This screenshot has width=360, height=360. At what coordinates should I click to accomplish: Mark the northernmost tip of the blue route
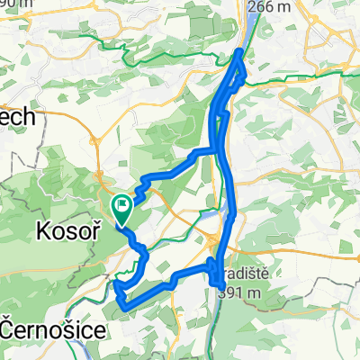(x=239, y=52)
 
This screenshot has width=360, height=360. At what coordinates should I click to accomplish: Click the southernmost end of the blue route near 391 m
(x=222, y=286)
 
